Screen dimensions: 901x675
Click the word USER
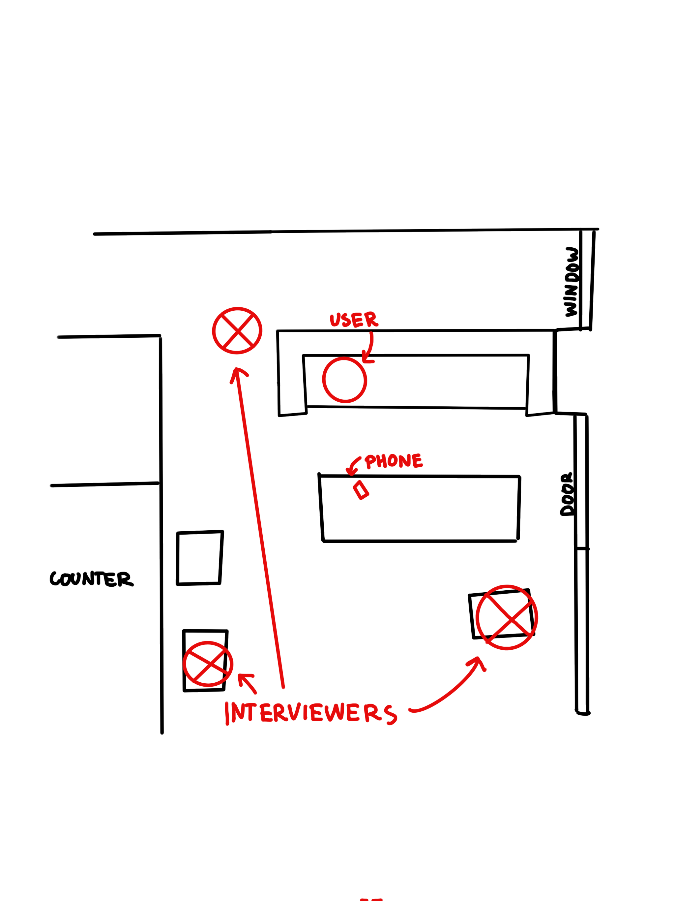tap(353, 320)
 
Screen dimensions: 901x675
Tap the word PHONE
tap(393, 461)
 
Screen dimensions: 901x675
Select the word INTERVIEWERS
tap(310, 713)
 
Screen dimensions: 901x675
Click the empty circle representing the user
tap(344, 380)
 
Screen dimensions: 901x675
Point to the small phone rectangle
tap(361, 490)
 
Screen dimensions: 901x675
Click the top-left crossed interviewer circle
tap(237, 331)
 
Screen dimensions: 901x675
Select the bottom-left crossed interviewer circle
tap(208, 664)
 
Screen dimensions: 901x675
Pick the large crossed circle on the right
tap(507, 617)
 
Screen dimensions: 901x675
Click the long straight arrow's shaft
tap(260, 530)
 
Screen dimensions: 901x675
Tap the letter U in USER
tap(335, 320)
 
